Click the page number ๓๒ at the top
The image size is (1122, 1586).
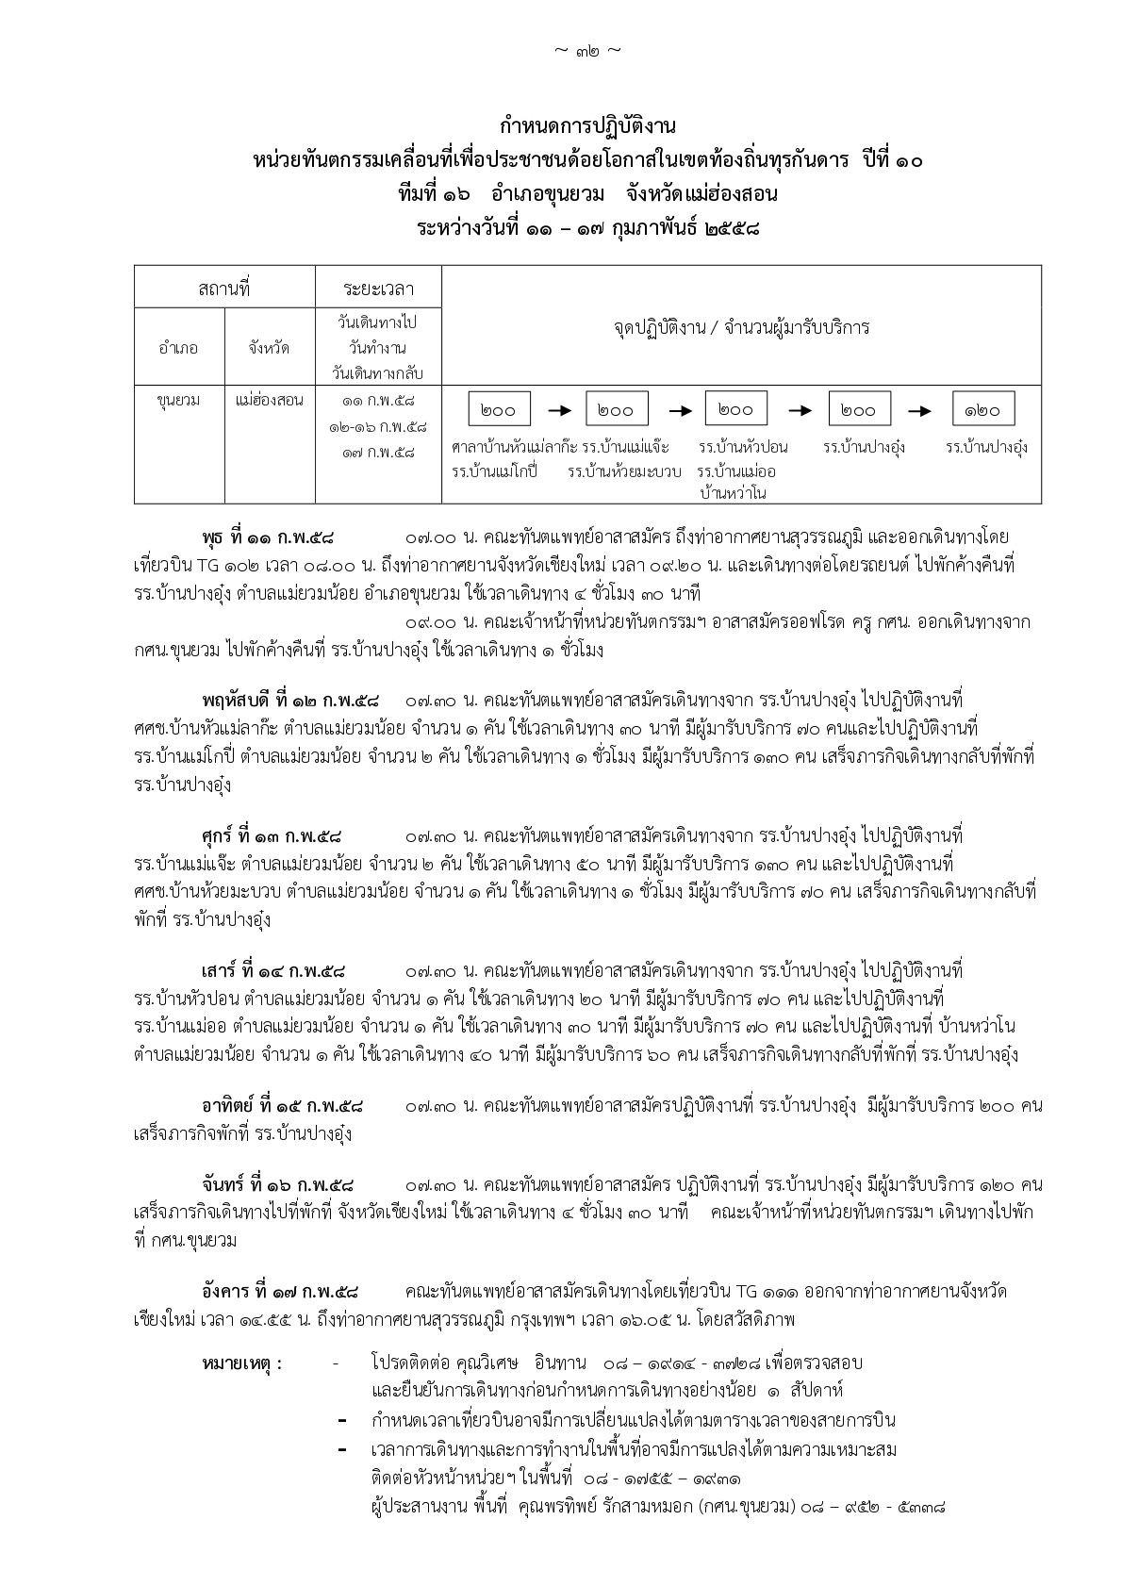[x=586, y=50]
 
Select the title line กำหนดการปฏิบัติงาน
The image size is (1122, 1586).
[x=587, y=125]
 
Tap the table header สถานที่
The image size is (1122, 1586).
[x=224, y=289]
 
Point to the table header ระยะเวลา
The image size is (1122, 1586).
[x=378, y=289]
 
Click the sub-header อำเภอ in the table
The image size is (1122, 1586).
[x=179, y=348]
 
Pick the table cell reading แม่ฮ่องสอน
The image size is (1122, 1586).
[x=270, y=401]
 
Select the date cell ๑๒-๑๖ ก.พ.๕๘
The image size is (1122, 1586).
[x=377, y=427]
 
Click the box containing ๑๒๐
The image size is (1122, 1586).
[x=982, y=410]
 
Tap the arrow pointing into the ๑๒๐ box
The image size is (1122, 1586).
[x=920, y=410]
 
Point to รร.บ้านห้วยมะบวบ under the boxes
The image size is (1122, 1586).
[x=624, y=470]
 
